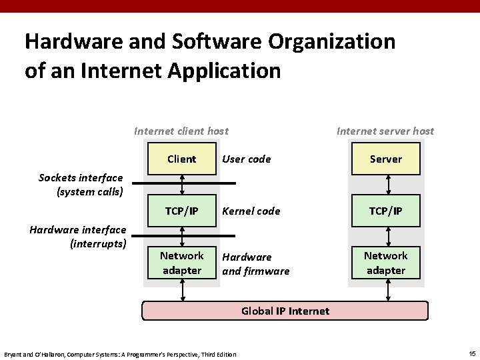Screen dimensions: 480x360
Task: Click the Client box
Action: click(x=181, y=159)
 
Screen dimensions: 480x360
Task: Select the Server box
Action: click(x=386, y=159)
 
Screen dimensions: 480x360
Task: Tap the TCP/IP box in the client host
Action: click(x=181, y=211)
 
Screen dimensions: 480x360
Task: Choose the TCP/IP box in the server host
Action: click(x=386, y=211)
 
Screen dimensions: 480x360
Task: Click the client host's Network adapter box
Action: click(x=181, y=263)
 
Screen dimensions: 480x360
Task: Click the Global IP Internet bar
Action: click(x=285, y=311)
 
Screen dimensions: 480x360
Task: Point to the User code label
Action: click(x=246, y=159)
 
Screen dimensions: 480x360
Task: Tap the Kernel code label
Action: click(x=251, y=211)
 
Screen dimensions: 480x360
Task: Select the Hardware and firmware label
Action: click(x=255, y=264)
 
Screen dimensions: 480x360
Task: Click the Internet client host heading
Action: click(x=181, y=131)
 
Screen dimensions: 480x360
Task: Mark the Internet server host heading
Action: click(x=385, y=131)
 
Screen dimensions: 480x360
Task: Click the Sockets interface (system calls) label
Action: click(x=81, y=185)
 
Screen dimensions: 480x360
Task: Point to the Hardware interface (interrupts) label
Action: click(x=78, y=237)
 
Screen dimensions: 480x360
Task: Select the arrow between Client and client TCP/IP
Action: click(x=181, y=185)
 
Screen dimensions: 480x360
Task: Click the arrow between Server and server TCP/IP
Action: click(x=386, y=185)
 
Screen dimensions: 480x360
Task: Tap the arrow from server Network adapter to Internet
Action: click(x=386, y=289)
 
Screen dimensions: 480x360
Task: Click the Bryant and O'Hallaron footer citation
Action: click(x=120, y=354)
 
